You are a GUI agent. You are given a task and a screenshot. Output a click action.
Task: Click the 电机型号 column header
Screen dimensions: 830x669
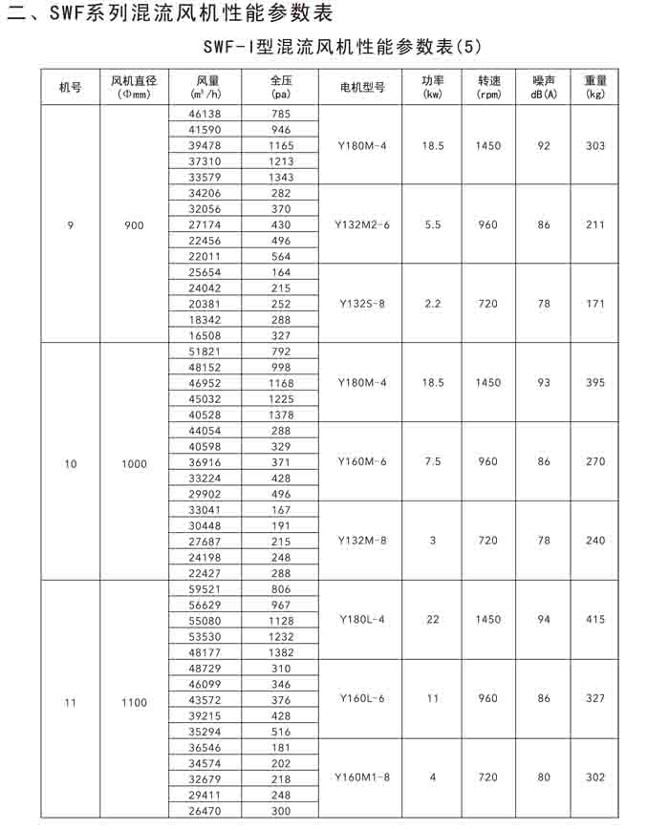pyautogui.click(x=362, y=87)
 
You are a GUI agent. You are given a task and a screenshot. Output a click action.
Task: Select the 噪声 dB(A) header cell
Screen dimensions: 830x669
pyautogui.click(x=544, y=87)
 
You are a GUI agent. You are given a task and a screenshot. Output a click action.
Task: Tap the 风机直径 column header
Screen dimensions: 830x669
pyautogui.click(x=135, y=87)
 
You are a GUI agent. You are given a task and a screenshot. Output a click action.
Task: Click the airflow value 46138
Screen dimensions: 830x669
pyautogui.click(x=205, y=114)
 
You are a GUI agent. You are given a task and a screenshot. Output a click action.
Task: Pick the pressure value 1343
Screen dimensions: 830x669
pyautogui.click(x=280, y=177)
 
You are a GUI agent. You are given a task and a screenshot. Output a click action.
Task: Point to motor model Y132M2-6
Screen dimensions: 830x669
pyautogui.click(x=362, y=224)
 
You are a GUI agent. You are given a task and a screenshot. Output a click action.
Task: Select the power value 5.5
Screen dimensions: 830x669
pyautogui.click(x=432, y=224)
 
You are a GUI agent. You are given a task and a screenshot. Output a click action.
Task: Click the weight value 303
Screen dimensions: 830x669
pyautogui.click(x=595, y=145)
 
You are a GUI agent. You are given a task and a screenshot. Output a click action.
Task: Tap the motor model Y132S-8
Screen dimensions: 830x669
pyautogui.click(x=362, y=303)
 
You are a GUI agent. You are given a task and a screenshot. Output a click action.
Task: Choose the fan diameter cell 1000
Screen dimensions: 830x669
pyautogui.click(x=135, y=463)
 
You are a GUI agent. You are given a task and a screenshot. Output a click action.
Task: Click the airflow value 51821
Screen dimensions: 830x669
pyautogui.click(x=205, y=351)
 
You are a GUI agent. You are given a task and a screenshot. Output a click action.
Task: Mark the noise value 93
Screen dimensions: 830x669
pyautogui.click(x=544, y=383)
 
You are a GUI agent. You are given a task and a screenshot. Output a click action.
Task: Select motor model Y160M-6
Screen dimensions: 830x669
pyautogui.click(x=362, y=461)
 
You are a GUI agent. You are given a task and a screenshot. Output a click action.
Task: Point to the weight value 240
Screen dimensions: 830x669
pyautogui.click(x=595, y=541)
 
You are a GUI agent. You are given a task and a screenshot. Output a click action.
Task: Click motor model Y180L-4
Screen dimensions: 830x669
pyautogui.click(x=362, y=619)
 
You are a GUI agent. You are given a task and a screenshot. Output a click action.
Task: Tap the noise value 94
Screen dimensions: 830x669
pyautogui.click(x=544, y=619)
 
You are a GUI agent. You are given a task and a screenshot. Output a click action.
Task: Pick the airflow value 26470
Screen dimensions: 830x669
pyautogui.click(x=205, y=811)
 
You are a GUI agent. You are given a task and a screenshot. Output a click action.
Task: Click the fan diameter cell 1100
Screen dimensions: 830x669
pyautogui.click(x=135, y=702)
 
